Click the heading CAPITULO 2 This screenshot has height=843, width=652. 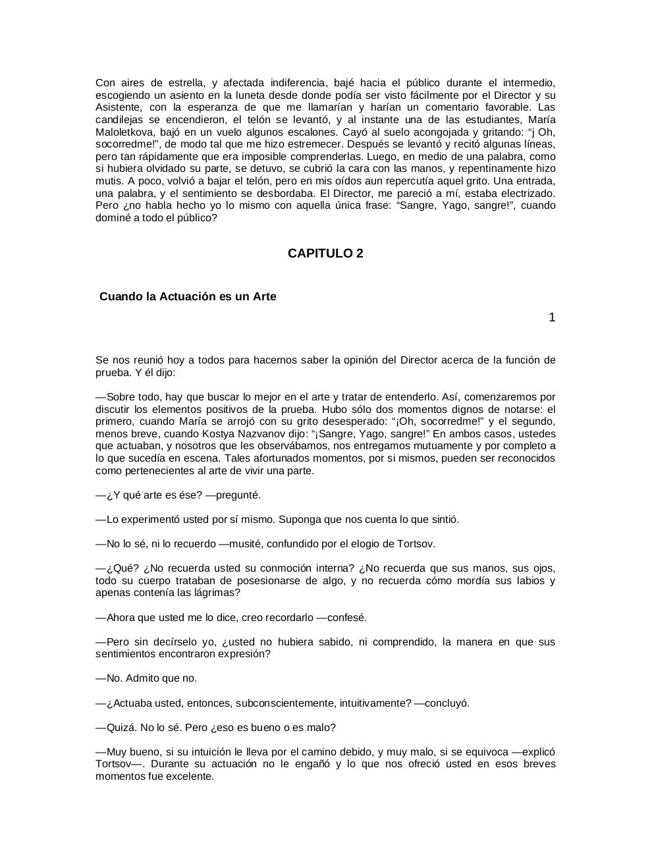(x=325, y=254)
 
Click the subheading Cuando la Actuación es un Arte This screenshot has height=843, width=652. (x=188, y=296)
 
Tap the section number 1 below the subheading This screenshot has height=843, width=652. (x=552, y=317)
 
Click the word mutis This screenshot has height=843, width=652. (x=108, y=181)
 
